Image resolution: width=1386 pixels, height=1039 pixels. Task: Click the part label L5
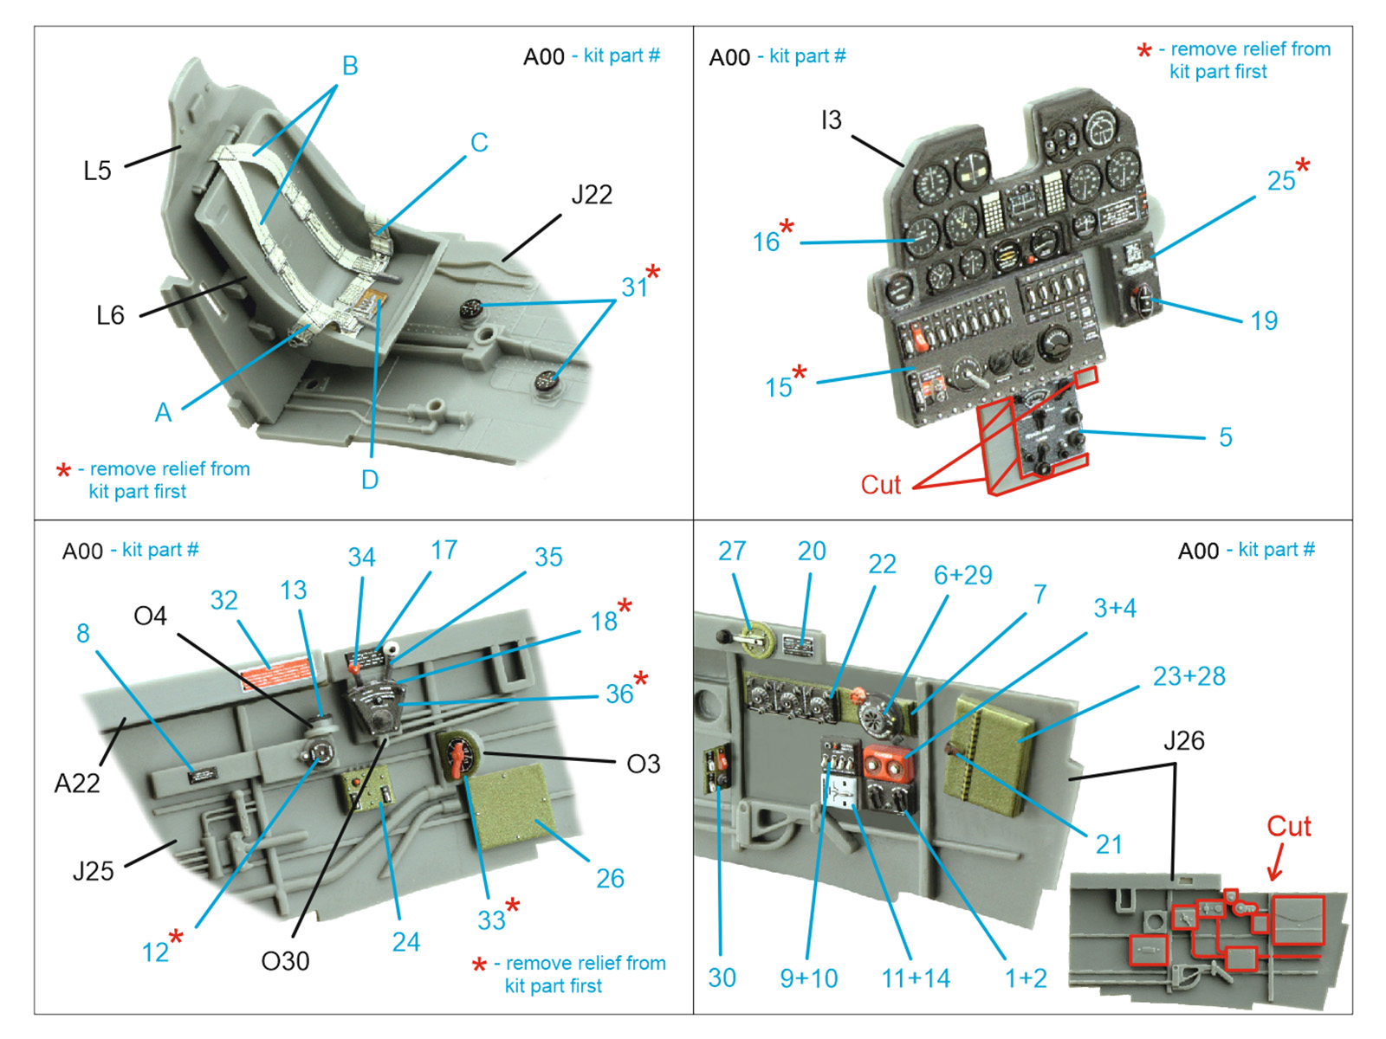[97, 171]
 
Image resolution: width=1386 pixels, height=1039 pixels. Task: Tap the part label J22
[592, 195]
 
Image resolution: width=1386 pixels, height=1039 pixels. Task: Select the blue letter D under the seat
[370, 480]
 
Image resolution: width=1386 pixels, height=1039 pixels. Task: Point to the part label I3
[831, 120]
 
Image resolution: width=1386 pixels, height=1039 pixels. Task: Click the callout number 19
[1264, 321]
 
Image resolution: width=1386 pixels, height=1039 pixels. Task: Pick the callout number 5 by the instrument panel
[1225, 437]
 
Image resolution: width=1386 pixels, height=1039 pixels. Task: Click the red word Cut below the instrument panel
[880, 485]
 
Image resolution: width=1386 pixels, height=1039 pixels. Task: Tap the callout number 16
[766, 242]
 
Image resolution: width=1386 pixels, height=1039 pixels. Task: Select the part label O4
[150, 616]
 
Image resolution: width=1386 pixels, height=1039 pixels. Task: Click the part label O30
[285, 961]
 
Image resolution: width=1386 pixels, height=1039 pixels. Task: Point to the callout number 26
[610, 879]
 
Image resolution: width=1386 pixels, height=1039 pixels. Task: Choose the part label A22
[77, 784]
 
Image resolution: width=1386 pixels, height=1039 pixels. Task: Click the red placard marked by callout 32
[275, 674]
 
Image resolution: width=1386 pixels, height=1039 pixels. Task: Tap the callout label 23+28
[1188, 676]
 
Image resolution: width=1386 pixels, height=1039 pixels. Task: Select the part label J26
[1183, 741]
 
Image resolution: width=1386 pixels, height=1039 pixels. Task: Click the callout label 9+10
[808, 978]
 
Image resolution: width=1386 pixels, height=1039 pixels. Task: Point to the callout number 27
[732, 552]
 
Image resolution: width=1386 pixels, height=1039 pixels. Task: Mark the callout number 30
[722, 978]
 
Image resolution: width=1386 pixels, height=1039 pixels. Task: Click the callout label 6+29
[962, 576]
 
